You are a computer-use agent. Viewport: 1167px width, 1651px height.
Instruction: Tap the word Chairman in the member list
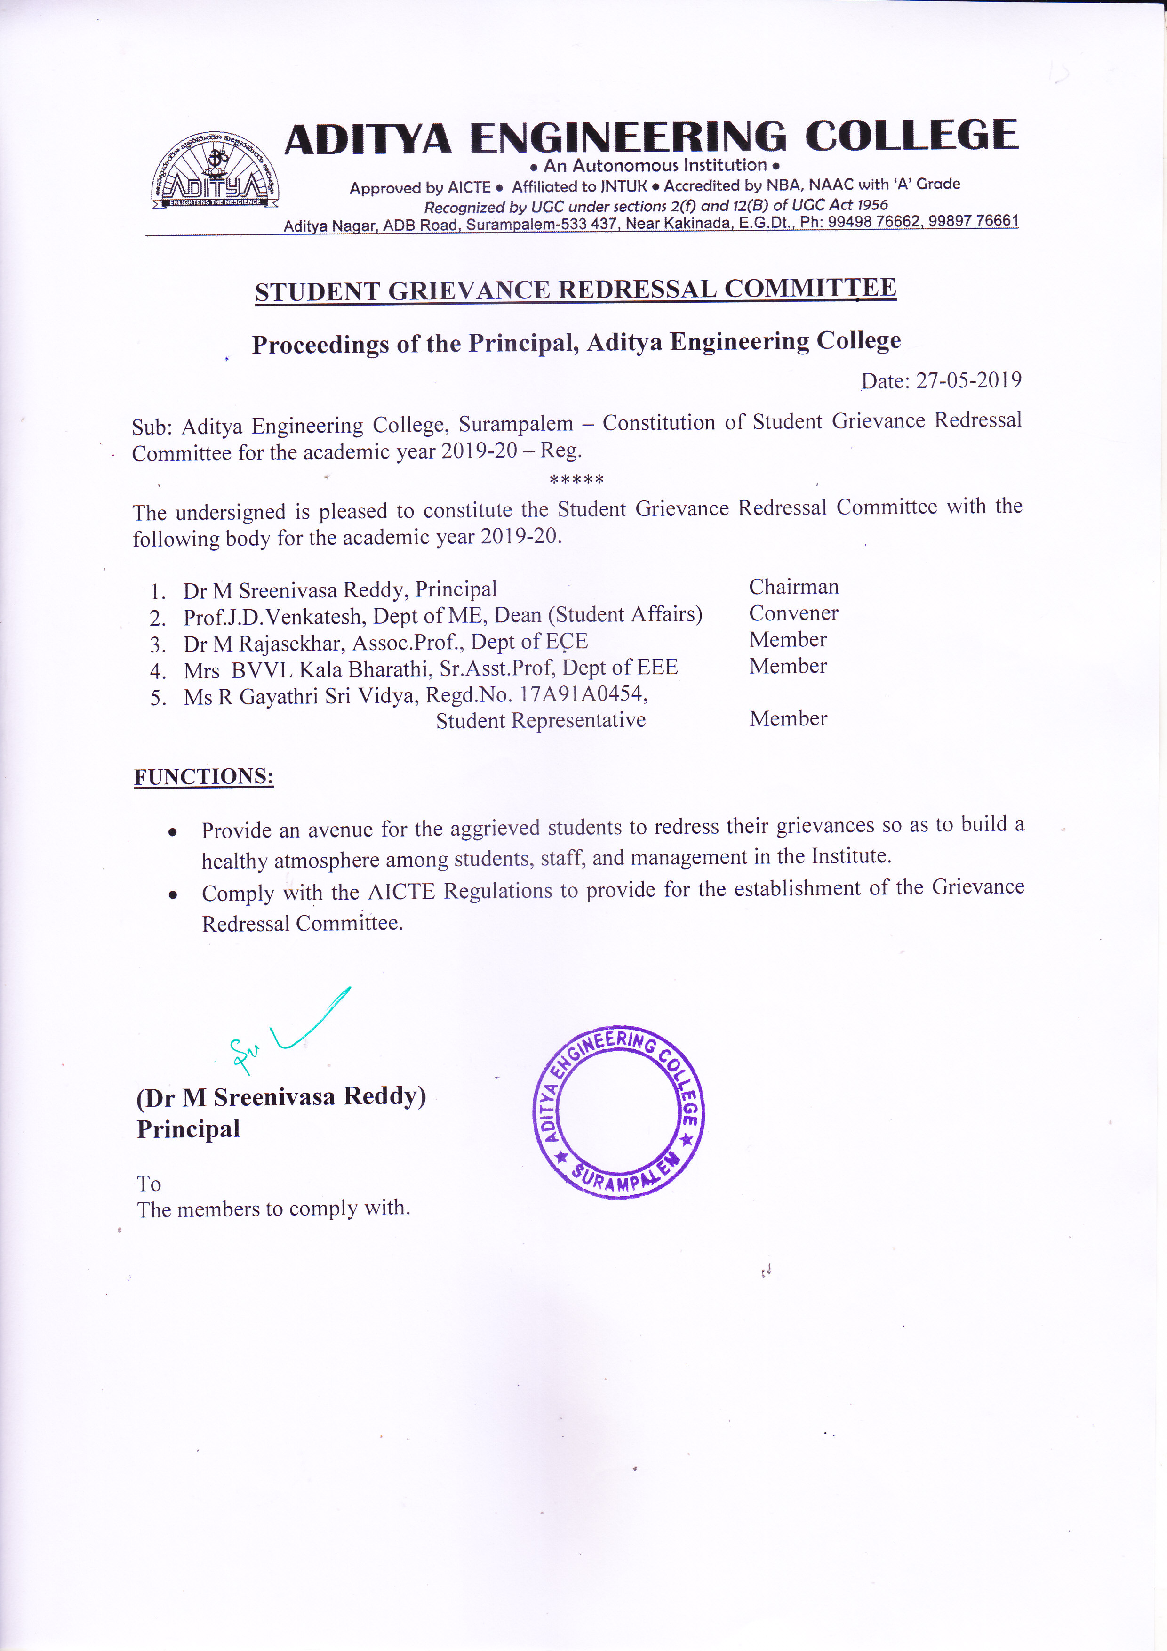tap(793, 587)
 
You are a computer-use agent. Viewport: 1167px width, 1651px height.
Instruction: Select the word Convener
tap(793, 613)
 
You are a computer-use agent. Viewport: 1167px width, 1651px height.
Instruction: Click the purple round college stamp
tap(618, 1111)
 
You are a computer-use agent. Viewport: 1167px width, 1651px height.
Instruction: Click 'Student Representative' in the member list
tap(540, 720)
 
